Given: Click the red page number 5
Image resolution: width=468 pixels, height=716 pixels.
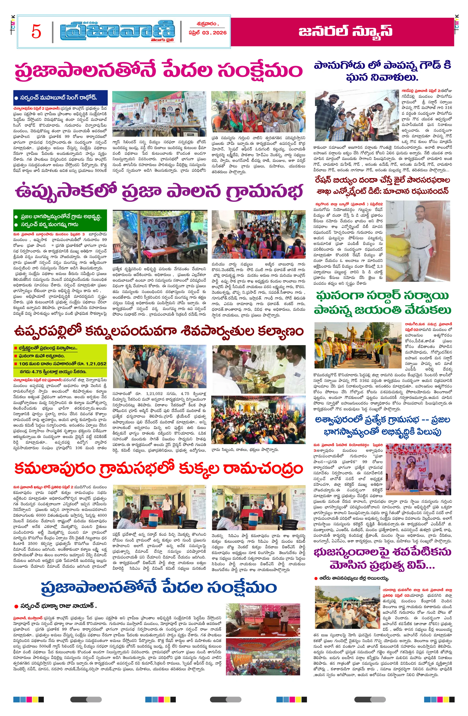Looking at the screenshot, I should pyautogui.click(x=36, y=31).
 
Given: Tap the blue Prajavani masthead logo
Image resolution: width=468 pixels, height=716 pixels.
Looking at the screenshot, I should pyautogui.click(x=117, y=31).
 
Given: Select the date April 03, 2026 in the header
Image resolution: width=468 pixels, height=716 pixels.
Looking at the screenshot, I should pyautogui.click(x=207, y=33).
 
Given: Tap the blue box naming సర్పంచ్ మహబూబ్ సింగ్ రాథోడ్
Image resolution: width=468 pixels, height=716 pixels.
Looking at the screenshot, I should pyautogui.click(x=60, y=97).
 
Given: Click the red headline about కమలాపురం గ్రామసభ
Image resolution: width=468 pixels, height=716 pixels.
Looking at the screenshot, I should pyautogui.click(x=158, y=469).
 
